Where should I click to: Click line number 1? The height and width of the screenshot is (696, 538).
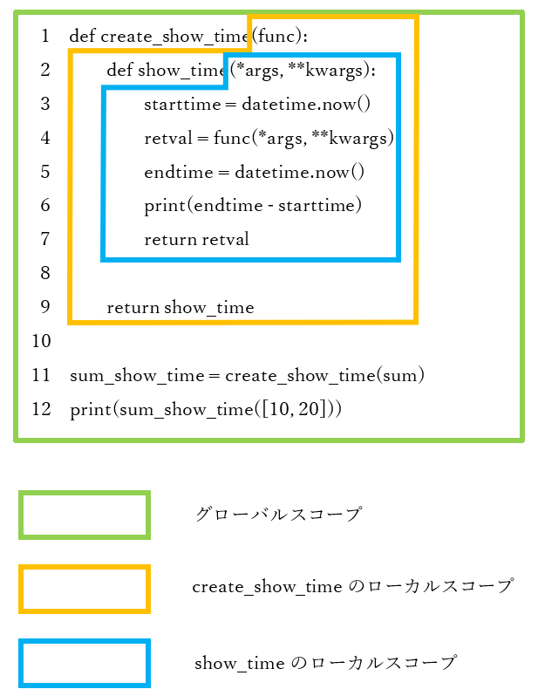(x=44, y=36)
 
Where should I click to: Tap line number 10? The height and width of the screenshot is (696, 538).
(x=41, y=341)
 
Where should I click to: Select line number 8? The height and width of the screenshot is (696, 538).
(x=44, y=272)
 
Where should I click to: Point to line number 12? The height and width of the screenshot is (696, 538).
(x=41, y=409)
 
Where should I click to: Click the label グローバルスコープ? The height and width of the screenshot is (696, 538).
(x=279, y=514)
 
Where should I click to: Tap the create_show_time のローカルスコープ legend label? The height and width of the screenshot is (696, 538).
(x=353, y=586)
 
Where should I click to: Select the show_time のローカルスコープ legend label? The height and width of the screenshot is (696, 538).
(x=325, y=663)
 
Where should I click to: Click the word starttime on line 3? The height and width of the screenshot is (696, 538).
(x=182, y=105)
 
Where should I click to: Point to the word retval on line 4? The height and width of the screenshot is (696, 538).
(x=168, y=138)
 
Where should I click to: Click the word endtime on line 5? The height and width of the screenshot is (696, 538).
(x=179, y=172)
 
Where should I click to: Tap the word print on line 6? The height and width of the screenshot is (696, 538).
(x=165, y=206)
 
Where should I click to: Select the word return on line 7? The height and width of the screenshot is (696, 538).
(x=170, y=240)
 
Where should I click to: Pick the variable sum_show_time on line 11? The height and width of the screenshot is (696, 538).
(x=137, y=376)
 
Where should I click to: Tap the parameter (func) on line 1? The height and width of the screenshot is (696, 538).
(x=277, y=36)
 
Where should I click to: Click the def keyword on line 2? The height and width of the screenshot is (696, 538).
(x=119, y=70)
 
